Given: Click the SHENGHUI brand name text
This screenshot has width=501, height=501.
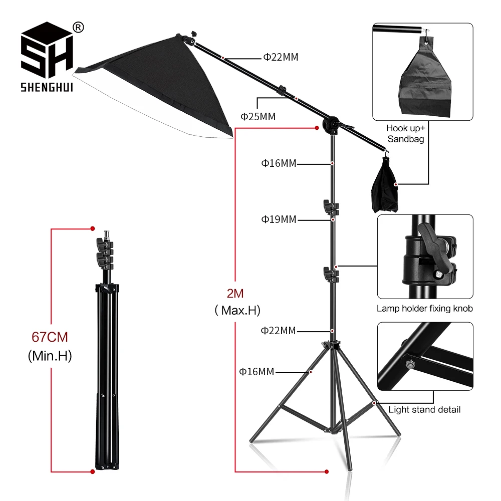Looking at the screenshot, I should pos(47,88).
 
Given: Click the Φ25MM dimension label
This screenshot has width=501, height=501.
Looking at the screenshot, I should pos(258,117).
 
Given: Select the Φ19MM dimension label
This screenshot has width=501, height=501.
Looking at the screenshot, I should pos(278,219).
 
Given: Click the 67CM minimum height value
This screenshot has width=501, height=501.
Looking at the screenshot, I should pos(50,337).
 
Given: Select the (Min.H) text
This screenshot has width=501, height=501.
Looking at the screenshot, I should pos(50,356).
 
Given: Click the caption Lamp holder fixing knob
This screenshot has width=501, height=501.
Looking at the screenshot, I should pos(424,309).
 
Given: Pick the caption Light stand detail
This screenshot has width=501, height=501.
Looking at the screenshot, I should pos(424,410).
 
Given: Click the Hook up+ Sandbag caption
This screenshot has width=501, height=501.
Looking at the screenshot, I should pos(405,134).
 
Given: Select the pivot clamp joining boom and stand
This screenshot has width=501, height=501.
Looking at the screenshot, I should pos(331,123).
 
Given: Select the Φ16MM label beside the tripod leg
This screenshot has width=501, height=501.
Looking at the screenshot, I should pos(257,372).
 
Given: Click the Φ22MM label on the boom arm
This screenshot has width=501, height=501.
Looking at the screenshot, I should pos(281,57).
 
